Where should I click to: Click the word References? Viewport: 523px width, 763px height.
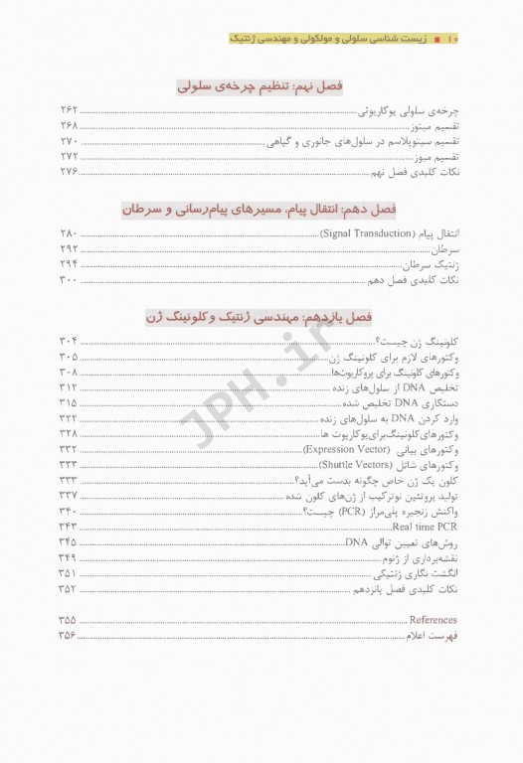(434, 619)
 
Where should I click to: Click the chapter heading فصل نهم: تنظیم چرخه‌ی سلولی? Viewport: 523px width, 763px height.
(260, 86)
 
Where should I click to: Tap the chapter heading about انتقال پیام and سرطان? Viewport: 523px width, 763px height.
(260, 210)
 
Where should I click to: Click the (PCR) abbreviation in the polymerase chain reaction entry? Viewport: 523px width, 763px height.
(323, 511)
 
